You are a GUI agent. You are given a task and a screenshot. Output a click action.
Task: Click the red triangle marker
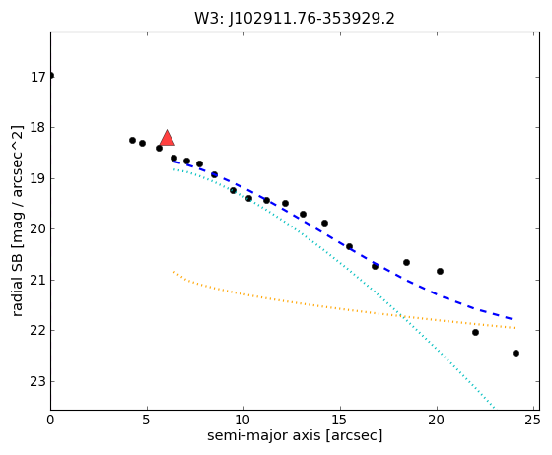pos(168,138)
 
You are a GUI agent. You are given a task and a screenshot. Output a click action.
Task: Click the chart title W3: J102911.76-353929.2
pos(295,19)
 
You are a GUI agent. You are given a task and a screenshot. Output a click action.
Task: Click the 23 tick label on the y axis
pos(38,381)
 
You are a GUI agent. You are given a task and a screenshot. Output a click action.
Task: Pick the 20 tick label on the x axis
pos(437,420)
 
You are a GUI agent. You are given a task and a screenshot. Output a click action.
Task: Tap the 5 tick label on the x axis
pos(147,420)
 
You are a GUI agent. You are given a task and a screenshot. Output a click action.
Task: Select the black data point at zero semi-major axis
pos(51,75)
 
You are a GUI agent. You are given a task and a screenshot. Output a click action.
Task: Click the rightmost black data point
pos(516,353)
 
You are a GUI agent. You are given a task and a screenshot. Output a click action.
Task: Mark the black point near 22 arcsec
pos(475,332)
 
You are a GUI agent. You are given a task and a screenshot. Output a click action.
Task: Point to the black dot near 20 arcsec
pos(440,272)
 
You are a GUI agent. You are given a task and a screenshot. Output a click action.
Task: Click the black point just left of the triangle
pos(159,149)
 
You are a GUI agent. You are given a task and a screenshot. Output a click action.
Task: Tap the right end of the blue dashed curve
pos(513,319)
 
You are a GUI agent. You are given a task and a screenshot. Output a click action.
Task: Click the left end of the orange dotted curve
pos(173,272)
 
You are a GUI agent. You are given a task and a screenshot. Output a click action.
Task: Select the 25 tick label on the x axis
pos(533,420)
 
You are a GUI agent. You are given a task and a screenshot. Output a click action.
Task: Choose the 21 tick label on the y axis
pos(38,280)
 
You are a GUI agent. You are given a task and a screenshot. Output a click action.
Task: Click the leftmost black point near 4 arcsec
pos(132,140)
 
